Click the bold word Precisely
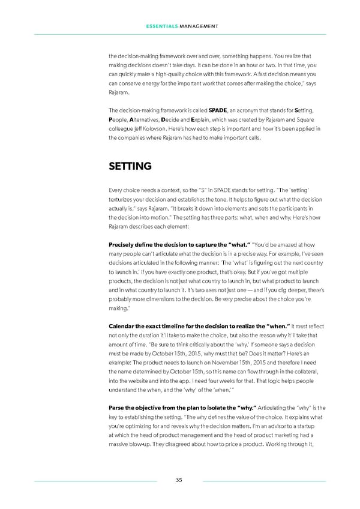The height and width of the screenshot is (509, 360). point(123,245)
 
